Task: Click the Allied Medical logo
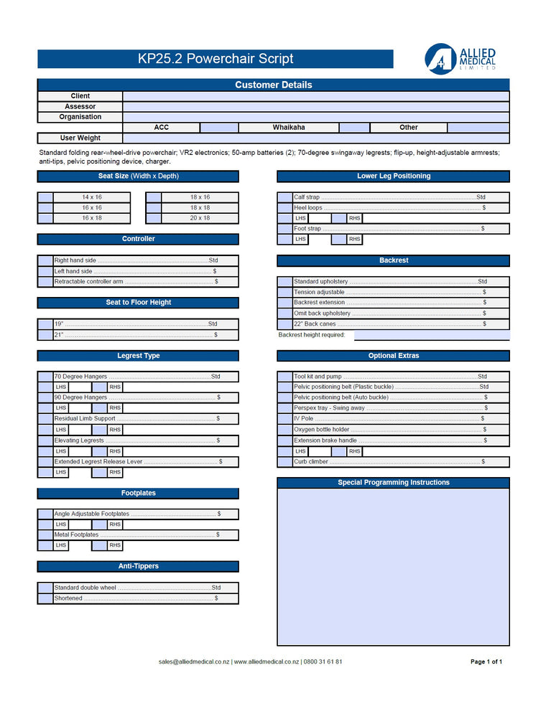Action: tap(460, 59)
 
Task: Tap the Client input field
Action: tap(315, 96)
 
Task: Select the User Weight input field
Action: tap(315, 138)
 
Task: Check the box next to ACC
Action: tap(219, 128)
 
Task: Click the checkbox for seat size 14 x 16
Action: tap(45, 197)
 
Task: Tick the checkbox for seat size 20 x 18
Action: tap(153, 218)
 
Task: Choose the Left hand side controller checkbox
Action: tap(45, 272)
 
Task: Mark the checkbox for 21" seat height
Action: tap(45, 335)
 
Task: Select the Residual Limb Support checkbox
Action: tap(45, 419)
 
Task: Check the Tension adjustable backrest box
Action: tap(284, 293)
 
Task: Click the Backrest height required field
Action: tap(431, 335)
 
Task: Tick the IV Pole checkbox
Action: tap(284, 419)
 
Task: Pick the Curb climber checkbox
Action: tap(284, 462)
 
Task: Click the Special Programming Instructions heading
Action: tap(393, 483)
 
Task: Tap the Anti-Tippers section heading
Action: tap(138, 567)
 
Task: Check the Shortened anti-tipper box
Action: tap(45, 598)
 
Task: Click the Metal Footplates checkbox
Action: tap(45, 535)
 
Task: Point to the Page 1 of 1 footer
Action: tap(486, 662)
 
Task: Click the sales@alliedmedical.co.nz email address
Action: tap(194, 662)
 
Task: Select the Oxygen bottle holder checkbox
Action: tap(284, 430)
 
